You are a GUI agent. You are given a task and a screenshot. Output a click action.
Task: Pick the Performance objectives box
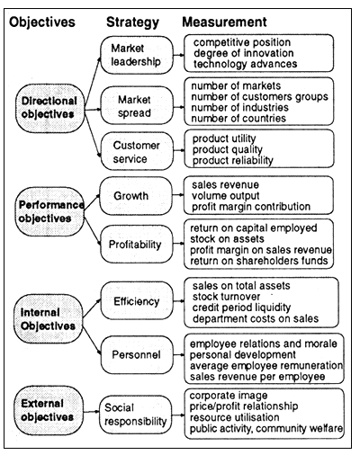pyautogui.click(x=47, y=211)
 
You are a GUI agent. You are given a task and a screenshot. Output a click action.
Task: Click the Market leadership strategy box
pyautogui.click(x=134, y=54)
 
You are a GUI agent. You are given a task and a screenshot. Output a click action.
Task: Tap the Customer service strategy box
pyautogui.click(x=134, y=149)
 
